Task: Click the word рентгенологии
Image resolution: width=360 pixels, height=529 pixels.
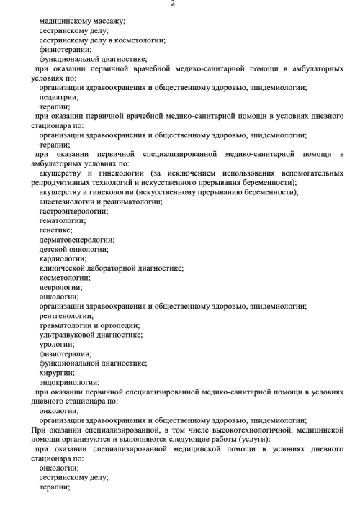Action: click(66, 315)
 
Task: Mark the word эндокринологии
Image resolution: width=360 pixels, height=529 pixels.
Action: click(69, 382)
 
